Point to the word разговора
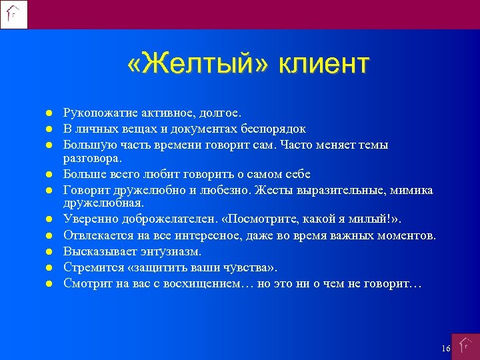point(92,159)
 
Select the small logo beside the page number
point(465,347)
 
